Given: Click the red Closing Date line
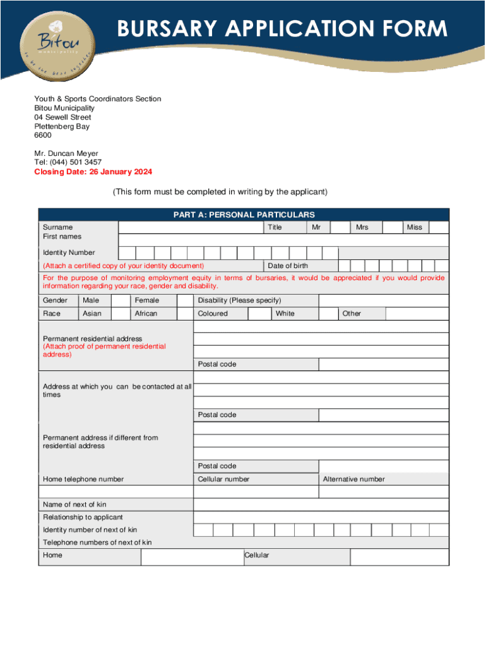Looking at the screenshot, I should tap(93, 172).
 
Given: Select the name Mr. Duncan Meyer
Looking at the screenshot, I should tap(66, 153).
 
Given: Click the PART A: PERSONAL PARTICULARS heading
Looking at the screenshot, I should tap(244, 215).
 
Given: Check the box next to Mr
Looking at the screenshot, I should tap(340, 227).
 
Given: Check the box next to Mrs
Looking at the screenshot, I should tap(392, 227).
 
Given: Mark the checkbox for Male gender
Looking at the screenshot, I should tap(121, 300).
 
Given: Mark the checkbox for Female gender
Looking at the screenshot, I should tap(184, 300).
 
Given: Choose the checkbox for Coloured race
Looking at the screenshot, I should tap(259, 314).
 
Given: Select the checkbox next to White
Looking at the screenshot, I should tap(328, 314).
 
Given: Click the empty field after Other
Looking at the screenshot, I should tap(417, 314).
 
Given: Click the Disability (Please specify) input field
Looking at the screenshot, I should tap(384, 300).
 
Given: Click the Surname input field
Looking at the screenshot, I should tap(190, 227).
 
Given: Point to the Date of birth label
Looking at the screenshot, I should tap(288, 266).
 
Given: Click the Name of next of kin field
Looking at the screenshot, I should tap(321, 504).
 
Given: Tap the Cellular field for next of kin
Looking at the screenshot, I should tap(400, 557).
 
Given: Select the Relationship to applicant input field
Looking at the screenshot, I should tap(321, 517).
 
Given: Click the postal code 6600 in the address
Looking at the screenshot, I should tap(43, 136).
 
